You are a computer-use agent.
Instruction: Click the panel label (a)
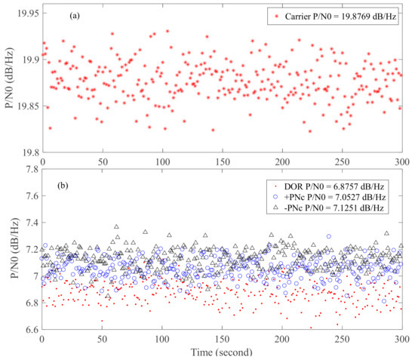click(56, 14)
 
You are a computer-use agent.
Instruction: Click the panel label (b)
click(56, 183)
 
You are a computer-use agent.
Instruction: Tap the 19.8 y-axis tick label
click(28, 153)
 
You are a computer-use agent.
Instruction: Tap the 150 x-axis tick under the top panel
click(222, 162)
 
